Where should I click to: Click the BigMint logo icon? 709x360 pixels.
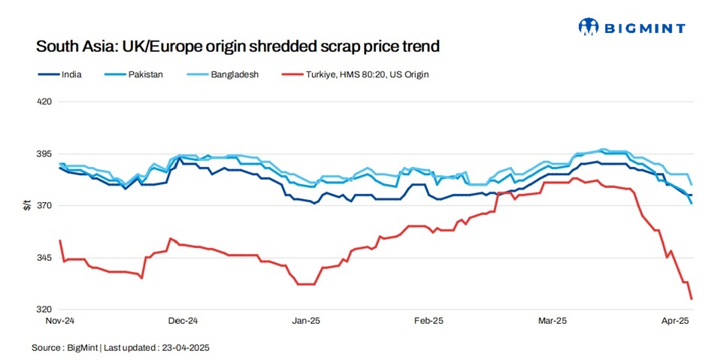(x=587, y=27)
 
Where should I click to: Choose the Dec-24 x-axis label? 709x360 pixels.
(x=183, y=321)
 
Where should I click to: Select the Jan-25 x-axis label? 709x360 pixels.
(x=306, y=321)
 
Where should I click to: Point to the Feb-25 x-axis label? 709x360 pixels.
(x=429, y=321)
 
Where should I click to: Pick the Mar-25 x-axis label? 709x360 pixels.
(x=552, y=321)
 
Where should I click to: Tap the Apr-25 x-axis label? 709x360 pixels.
(x=674, y=321)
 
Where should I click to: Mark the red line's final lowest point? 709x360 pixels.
(x=691, y=299)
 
